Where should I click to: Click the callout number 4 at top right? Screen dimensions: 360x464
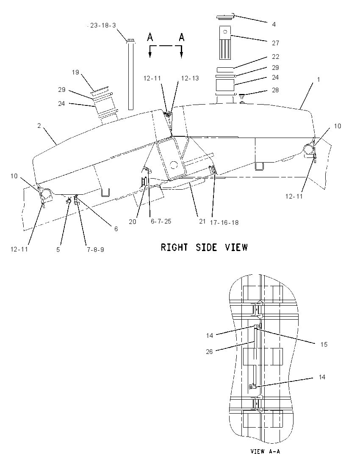pyautogui.click(x=274, y=24)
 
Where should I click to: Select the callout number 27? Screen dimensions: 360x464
pyautogui.click(x=275, y=43)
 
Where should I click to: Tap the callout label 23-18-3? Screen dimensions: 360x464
pyautogui.click(x=103, y=25)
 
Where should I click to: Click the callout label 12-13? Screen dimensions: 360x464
pyautogui.click(x=190, y=78)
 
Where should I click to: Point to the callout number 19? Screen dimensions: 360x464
pyautogui.click(x=75, y=72)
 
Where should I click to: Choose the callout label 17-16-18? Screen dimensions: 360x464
pyautogui.click(x=224, y=223)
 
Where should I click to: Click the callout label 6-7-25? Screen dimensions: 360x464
pyautogui.click(x=161, y=221)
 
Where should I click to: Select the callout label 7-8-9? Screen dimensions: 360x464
pyautogui.click(x=95, y=249)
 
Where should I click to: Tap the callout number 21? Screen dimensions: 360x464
pyautogui.click(x=202, y=221)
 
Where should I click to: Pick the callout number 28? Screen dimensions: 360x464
pyautogui.click(x=275, y=90)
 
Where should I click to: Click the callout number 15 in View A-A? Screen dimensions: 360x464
pyautogui.click(x=324, y=345)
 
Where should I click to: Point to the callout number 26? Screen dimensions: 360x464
pyautogui.click(x=209, y=352)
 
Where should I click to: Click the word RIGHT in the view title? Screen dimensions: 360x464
pyautogui.click(x=174, y=247)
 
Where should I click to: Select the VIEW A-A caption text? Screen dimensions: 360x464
pyautogui.click(x=265, y=451)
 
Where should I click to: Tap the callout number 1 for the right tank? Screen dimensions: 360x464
pyautogui.click(x=318, y=80)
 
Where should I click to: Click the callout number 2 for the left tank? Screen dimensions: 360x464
pyautogui.click(x=39, y=126)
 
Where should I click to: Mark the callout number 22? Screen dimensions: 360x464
pyautogui.click(x=275, y=57)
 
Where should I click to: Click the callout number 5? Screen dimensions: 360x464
pyautogui.click(x=58, y=249)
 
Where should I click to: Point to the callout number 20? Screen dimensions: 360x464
pyautogui.click(x=132, y=222)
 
